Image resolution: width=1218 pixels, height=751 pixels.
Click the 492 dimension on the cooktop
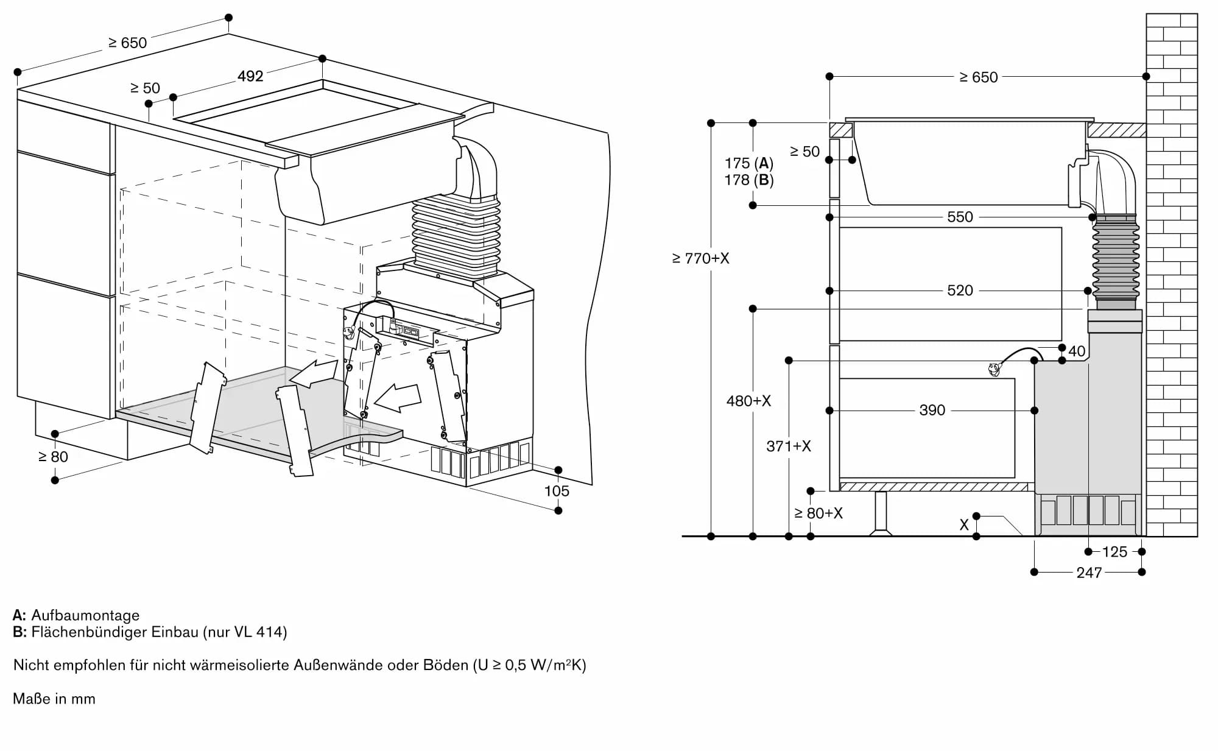250,76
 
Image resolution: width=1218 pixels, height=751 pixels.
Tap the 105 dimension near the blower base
557,491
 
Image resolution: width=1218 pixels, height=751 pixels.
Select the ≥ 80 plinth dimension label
53,457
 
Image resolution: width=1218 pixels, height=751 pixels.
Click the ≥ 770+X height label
700,258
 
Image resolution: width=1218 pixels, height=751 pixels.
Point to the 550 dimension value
960,217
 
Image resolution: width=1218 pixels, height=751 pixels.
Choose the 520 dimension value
960,291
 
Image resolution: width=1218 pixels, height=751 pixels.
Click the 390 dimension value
932,410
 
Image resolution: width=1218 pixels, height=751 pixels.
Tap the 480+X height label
748,401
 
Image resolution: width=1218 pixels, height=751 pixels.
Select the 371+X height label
789,446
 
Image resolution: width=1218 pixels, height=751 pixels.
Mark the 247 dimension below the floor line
1089,573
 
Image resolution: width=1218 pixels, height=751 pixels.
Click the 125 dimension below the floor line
1114,552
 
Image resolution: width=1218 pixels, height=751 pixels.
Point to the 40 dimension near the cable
1077,351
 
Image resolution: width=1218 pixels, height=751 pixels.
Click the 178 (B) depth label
748,180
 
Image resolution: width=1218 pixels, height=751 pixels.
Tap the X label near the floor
963,525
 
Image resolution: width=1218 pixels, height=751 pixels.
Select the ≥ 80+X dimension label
818,513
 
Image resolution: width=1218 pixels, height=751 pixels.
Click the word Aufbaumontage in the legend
85,615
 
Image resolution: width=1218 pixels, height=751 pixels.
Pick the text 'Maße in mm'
54,699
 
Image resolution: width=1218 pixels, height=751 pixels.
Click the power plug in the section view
994,369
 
